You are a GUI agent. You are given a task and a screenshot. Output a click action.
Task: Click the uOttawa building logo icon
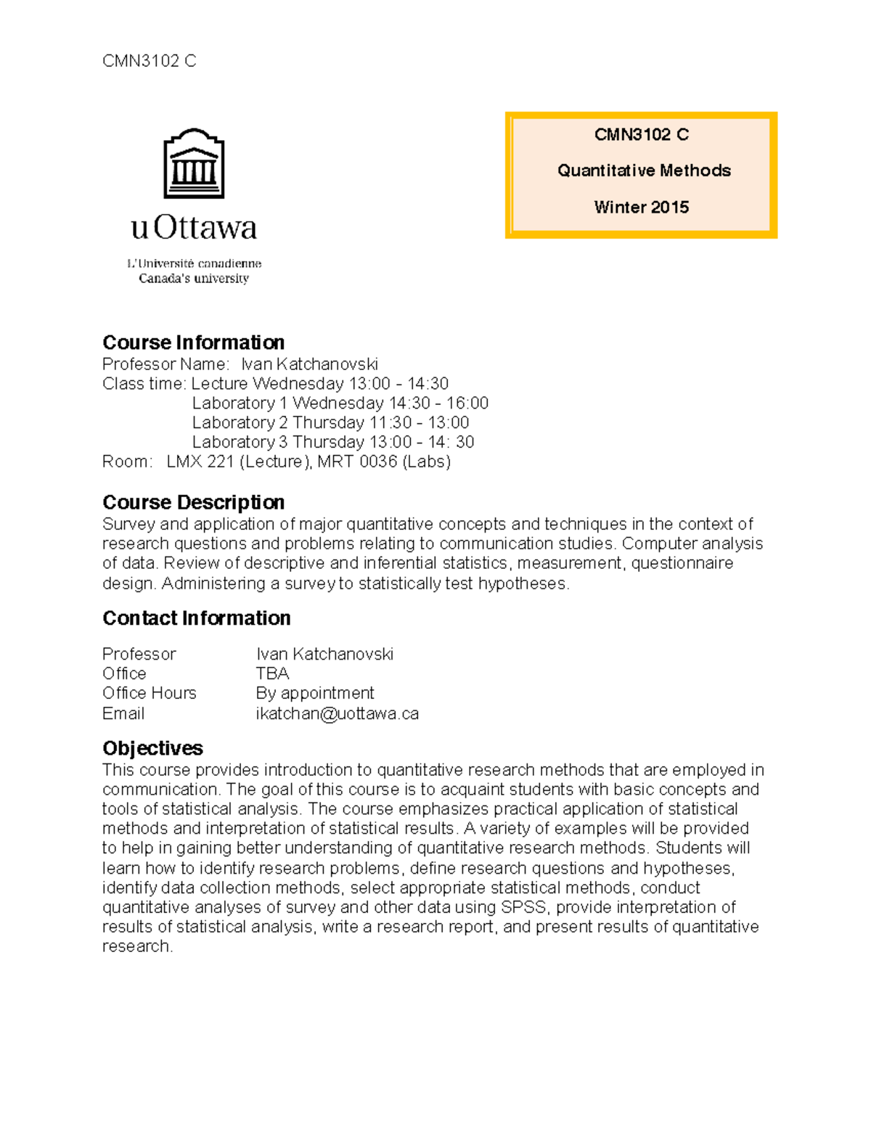[194, 164]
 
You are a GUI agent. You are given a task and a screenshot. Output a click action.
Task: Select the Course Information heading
[193, 343]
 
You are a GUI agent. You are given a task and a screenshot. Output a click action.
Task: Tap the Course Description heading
[193, 502]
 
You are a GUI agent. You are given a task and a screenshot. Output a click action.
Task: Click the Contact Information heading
[196, 618]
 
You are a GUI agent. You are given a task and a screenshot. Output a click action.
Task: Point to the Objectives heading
[152, 748]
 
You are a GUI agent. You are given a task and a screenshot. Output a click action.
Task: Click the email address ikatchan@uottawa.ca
[337, 713]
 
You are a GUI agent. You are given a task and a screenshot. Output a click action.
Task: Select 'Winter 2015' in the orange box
[641, 208]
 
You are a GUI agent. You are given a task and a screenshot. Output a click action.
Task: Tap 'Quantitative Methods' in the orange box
[644, 171]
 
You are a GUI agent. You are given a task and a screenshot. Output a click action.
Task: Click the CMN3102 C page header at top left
[149, 61]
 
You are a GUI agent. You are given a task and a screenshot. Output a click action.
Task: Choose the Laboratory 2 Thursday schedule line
[330, 422]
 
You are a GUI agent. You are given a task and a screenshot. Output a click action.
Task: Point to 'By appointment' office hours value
[315, 693]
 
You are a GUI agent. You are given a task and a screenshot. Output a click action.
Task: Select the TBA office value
[272, 673]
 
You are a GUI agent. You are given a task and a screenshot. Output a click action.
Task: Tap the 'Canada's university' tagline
[194, 279]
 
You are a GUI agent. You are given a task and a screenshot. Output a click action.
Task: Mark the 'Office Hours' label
[149, 693]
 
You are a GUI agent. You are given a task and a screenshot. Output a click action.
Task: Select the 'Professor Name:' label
[165, 364]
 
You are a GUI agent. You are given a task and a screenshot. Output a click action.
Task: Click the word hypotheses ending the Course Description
[522, 583]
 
